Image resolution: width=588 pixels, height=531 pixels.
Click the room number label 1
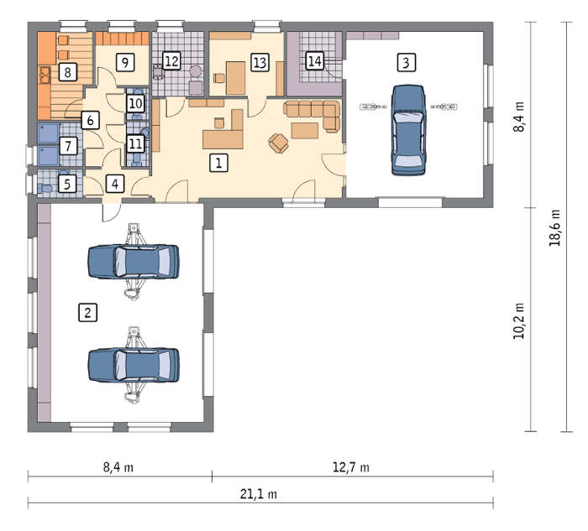pyautogui.click(x=218, y=163)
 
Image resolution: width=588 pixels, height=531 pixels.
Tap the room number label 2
pyautogui.click(x=87, y=312)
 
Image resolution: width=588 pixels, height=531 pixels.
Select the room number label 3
pyautogui.click(x=406, y=62)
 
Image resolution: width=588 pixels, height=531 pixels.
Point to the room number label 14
pyautogui.click(x=315, y=60)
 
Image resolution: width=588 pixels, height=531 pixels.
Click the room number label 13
pyautogui.click(x=260, y=63)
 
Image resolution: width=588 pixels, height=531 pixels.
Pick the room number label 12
pyautogui.click(x=171, y=60)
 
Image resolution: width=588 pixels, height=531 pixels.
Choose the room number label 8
pyautogui.click(x=68, y=72)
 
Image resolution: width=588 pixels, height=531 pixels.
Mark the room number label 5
pyautogui.click(x=67, y=184)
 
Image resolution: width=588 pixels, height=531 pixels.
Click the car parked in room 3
pyautogui.click(x=408, y=130)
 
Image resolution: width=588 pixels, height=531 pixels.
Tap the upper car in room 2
pyautogui.click(x=134, y=262)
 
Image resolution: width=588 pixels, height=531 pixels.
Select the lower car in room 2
pyautogui.click(x=134, y=366)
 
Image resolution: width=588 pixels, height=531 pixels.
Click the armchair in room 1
pyautogui.click(x=278, y=143)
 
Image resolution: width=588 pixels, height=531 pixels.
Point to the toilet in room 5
pyautogui.click(x=45, y=188)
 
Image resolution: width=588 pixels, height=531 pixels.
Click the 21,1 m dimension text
pyautogui.click(x=259, y=494)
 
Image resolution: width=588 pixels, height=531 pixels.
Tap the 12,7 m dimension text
pyautogui.click(x=351, y=467)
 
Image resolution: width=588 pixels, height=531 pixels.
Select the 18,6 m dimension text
pyautogui.click(x=554, y=227)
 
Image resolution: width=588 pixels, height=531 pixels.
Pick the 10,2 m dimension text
pyautogui.click(x=518, y=321)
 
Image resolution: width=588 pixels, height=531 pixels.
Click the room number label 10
pyautogui.click(x=135, y=103)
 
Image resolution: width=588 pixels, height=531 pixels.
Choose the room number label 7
pyautogui.click(x=68, y=146)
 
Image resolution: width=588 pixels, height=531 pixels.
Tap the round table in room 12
pyautogui.click(x=196, y=71)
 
